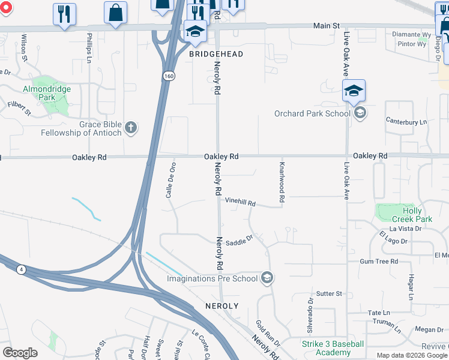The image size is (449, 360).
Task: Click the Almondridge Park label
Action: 47,93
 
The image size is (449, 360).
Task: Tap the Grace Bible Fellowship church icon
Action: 131,127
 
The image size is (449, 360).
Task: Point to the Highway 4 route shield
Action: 22,270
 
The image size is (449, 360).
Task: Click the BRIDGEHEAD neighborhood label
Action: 216,54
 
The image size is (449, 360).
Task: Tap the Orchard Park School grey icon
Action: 360,113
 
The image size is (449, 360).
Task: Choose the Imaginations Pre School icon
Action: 268,278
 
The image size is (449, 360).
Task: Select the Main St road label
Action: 327,26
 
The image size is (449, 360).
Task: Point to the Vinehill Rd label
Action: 240,203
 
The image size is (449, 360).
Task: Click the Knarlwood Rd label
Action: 281,181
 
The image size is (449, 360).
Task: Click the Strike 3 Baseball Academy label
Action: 332,348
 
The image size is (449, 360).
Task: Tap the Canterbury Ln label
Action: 406,122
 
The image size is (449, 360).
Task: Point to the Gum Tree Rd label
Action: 379,262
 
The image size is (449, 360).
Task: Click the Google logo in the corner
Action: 20,353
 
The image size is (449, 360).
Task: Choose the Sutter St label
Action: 329,293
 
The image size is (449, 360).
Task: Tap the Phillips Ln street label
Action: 89,48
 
